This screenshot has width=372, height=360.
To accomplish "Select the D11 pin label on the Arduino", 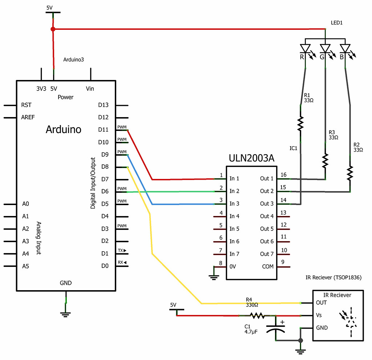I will coord(103,129).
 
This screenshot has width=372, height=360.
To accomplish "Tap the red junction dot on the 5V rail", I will coord(53,29).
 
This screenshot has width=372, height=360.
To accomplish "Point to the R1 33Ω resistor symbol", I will coord(300,124).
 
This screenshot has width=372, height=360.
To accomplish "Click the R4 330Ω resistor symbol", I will coord(258,316).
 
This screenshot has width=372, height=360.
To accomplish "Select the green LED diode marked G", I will coord(325,48).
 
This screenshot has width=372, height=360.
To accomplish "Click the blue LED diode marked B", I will coord(345,48).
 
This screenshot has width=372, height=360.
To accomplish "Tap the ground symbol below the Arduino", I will coord(65,313).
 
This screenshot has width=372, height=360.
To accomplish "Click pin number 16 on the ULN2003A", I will coord(284,175).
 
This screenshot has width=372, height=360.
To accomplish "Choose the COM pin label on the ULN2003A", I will coord(268,267).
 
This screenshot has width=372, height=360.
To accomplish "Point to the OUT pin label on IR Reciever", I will coord(321,303).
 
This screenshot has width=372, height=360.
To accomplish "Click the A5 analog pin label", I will coord(25,266).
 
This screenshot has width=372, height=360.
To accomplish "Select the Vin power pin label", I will coord(90,88).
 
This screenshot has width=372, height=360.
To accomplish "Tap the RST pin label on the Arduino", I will coord(27,105).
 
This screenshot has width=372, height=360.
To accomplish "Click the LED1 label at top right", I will coord(337,23).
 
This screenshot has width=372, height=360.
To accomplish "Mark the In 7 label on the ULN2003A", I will coord(234,254).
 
